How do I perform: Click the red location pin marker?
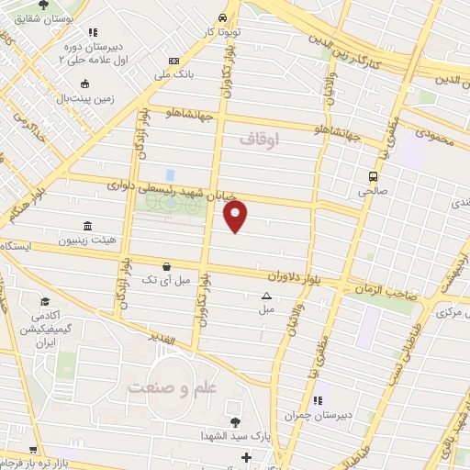(x=236, y=217)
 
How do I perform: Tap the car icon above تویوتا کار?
(x=224, y=17)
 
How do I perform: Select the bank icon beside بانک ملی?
(x=174, y=62)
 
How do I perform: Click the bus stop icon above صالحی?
(x=373, y=176)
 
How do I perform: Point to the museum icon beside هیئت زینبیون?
(x=87, y=226)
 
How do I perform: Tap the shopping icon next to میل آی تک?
(x=166, y=265)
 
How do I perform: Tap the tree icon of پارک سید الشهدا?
(x=235, y=422)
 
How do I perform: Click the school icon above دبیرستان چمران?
(x=319, y=400)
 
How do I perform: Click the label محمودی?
(x=434, y=135)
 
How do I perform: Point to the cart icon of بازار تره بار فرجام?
(x=34, y=451)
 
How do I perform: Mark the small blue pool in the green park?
(x=170, y=174)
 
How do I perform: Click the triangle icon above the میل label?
(x=266, y=296)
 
